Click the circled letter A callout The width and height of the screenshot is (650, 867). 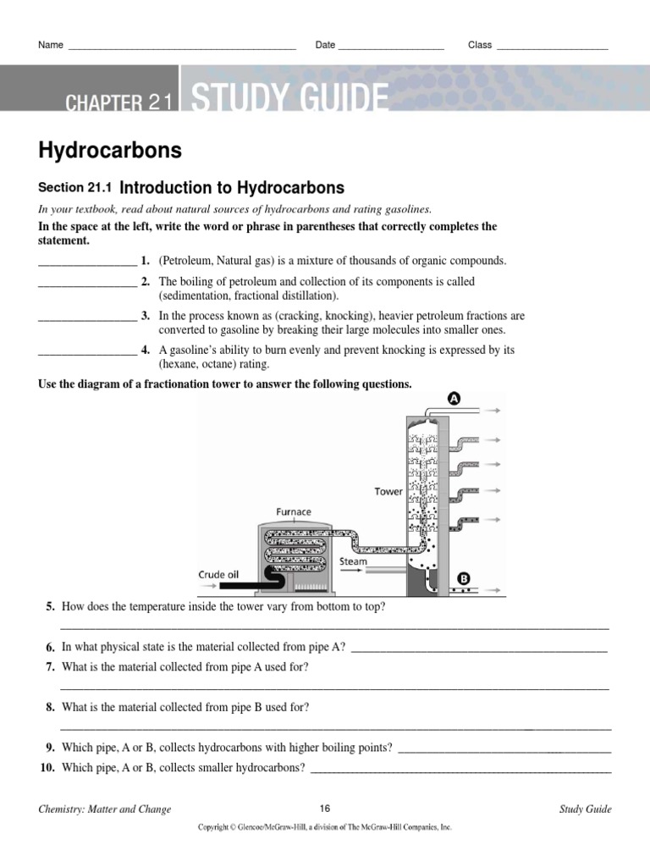point(454,399)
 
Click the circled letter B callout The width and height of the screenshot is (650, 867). point(463,579)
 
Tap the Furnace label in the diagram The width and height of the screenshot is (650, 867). point(294,511)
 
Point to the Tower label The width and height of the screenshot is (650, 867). point(388,491)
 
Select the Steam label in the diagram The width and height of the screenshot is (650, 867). point(353,561)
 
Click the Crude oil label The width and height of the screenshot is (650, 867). point(218,574)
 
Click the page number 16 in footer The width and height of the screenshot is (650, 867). point(325,809)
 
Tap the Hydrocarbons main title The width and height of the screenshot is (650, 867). point(110,151)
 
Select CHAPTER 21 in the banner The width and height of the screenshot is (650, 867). point(119,103)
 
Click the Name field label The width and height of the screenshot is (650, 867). point(51,45)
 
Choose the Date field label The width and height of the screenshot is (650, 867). point(325,45)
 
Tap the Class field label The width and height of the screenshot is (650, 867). point(480,45)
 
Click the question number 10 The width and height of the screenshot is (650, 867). point(47,768)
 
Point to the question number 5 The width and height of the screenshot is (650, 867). point(51,607)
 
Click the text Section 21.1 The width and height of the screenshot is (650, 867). point(76,188)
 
